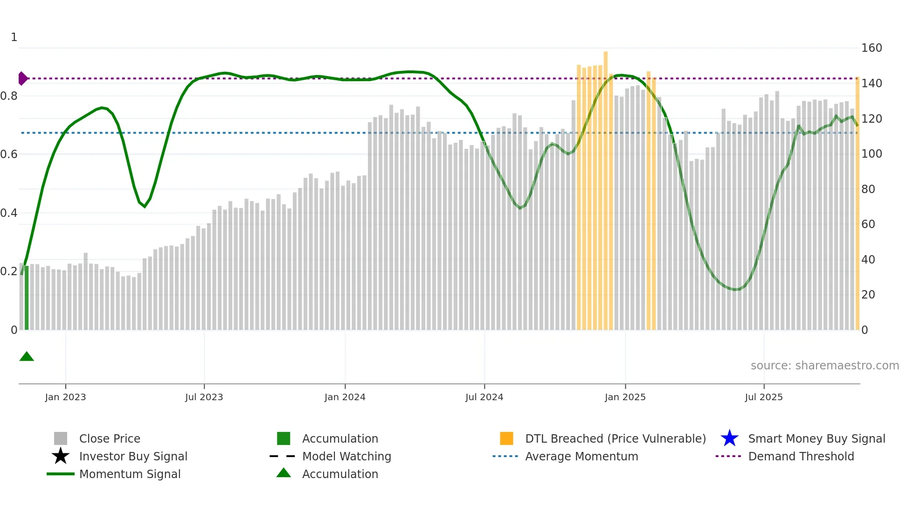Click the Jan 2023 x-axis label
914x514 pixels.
pos(65,397)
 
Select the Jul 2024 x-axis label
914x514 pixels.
pos(484,397)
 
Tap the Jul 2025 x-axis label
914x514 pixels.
pos(763,397)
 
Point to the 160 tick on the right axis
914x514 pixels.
pos(871,48)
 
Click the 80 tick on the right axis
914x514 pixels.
pos(868,189)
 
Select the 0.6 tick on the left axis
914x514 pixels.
pos(8,154)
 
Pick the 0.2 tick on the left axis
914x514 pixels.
pos(8,271)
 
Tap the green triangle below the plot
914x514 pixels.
pos(27,357)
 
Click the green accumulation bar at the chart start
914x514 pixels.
pos(27,299)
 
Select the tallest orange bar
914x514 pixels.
pos(605,187)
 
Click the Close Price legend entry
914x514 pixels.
pos(109,438)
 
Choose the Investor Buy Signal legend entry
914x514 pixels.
pos(133,456)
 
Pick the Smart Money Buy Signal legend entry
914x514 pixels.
pos(816,438)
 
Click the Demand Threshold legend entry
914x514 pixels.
pos(801,456)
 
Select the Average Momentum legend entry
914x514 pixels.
pos(581,456)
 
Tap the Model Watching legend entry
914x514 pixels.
pos(346,456)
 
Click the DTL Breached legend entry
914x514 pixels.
pos(615,438)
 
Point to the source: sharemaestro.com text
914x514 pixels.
pos(824,365)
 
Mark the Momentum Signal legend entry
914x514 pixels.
pos(130,474)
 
